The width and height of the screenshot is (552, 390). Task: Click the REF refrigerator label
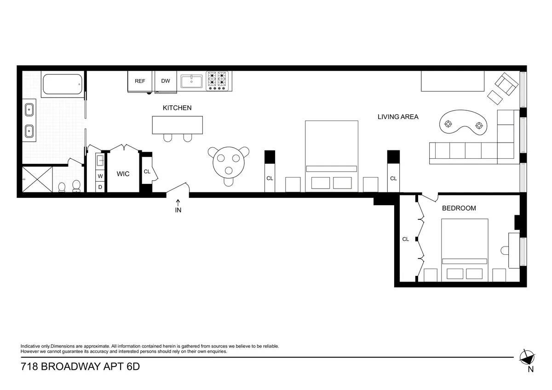(x=140, y=81)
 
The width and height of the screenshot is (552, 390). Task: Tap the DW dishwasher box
(x=166, y=81)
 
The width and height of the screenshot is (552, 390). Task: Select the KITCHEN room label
(x=177, y=108)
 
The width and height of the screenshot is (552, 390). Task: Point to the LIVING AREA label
(x=398, y=117)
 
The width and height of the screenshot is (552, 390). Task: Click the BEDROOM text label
(x=459, y=208)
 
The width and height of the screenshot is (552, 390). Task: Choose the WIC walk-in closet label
(x=123, y=174)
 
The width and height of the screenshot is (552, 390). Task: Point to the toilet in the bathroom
(x=76, y=186)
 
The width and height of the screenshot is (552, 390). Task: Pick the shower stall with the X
(x=37, y=180)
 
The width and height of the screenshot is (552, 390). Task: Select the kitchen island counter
(x=178, y=125)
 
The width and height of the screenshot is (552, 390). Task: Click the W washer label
(x=100, y=176)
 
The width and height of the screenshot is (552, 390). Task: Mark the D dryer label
(x=100, y=187)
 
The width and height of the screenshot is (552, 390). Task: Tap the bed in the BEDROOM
(x=465, y=248)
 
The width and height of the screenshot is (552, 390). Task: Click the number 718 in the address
(x=30, y=367)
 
